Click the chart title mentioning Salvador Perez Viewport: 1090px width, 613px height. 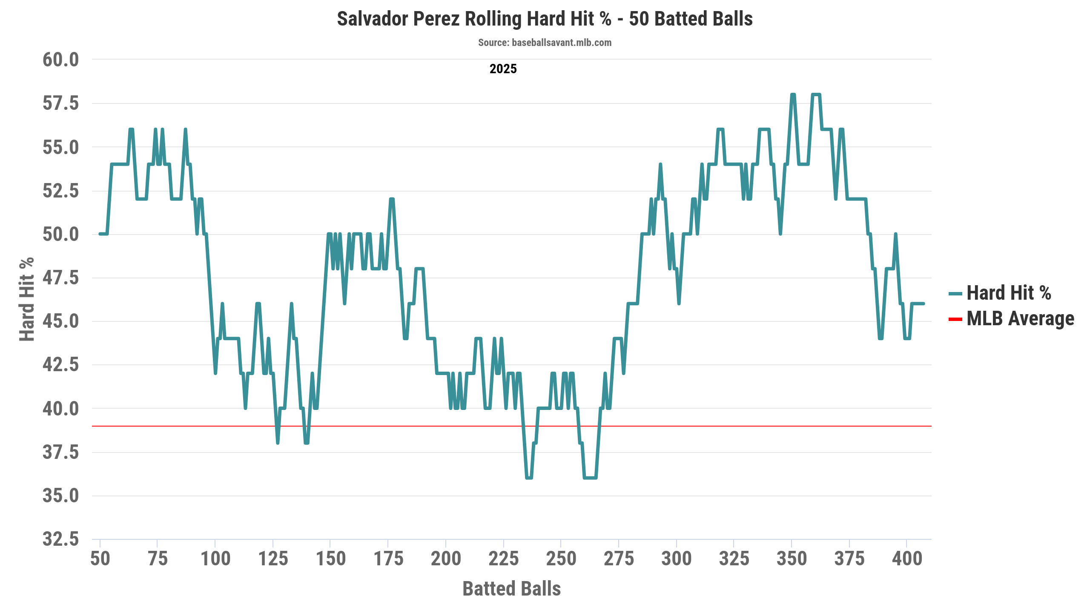[545, 19]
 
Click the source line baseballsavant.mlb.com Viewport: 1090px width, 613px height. [545, 43]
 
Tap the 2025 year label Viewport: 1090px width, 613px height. [503, 69]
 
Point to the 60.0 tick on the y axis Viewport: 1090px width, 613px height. [61, 60]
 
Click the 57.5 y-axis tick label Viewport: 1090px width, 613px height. [61, 103]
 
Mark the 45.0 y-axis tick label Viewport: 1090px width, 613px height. [61, 321]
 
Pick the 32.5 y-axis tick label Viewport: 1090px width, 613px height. [61, 539]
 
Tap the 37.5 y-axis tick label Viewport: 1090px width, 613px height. [61, 452]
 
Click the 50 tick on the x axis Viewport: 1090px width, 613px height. [100, 559]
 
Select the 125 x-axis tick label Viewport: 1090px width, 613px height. [273, 559]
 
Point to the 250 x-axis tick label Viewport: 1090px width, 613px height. [561, 559]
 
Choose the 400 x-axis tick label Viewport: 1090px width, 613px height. [907, 559]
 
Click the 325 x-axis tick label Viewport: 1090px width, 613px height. [734, 559]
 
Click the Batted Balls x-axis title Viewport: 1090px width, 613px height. [511, 589]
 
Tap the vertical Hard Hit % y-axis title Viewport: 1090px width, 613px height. [27, 299]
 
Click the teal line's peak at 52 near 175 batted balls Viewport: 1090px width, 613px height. [392, 199]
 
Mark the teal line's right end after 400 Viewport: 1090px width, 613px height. [923, 304]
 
